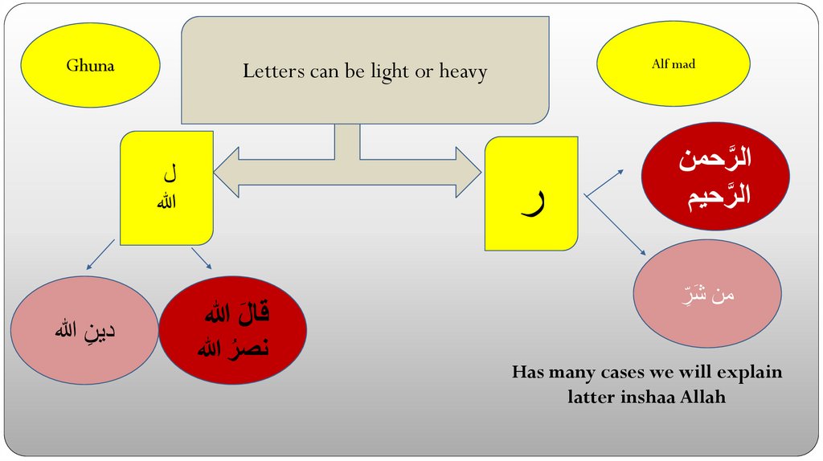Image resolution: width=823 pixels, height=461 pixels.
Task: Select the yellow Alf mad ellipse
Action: point(674,64)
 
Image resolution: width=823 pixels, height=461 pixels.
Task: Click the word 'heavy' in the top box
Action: point(463,71)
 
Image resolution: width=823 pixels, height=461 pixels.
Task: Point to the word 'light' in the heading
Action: point(390,71)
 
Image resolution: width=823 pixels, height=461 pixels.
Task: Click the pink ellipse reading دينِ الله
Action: point(84,329)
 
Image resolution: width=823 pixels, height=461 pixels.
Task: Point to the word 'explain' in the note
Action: point(747,373)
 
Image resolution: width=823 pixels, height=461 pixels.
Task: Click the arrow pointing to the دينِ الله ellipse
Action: point(101,254)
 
